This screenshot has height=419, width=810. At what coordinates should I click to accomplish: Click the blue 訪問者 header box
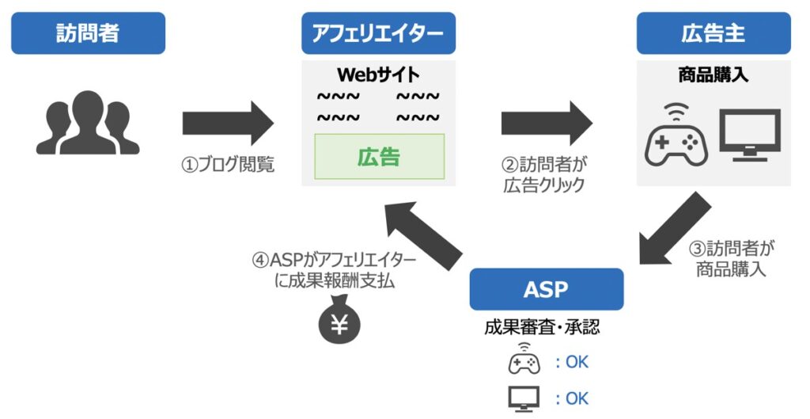click(x=88, y=33)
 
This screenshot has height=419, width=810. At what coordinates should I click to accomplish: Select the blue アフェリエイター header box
click(x=378, y=33)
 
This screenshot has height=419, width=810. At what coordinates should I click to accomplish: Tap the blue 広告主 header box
click(x=713, y=33)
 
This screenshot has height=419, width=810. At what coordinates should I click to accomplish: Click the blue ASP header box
click(x=546, y=289)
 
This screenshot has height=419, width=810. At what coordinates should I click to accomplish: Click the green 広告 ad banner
click(x=379, y=157)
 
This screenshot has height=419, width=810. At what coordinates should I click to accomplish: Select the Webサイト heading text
click(x=378, y=74)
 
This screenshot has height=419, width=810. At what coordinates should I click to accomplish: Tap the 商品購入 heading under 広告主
click(x=713, y=76)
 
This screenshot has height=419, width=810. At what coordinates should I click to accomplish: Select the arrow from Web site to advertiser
click(x=547, y=123)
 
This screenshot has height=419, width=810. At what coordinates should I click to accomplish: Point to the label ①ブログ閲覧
click(x=228, y=166)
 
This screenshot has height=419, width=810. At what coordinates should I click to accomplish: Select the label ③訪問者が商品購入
click(x=731, y=258)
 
